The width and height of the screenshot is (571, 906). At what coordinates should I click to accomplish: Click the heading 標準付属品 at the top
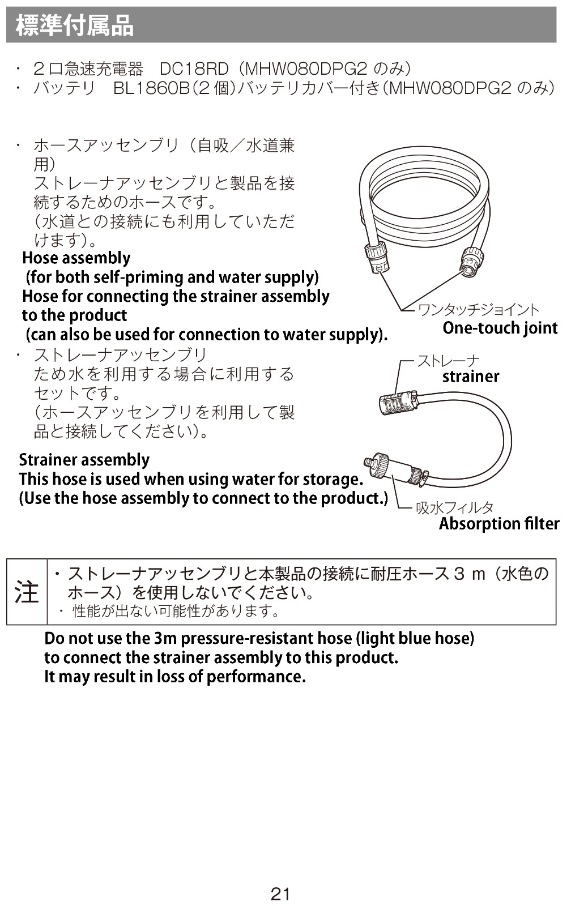[75, 25]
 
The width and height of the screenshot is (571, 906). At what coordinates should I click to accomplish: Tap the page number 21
[280, 894]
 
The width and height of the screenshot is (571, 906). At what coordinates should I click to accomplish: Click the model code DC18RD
[194, 69]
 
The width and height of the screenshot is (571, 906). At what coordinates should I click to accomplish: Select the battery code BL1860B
[151, 88]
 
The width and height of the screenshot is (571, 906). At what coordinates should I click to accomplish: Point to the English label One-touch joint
[500, 328]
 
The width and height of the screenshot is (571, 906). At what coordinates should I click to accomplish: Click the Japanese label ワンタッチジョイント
[479, 310]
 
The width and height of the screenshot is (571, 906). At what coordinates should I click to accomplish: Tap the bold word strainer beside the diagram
[471, 377]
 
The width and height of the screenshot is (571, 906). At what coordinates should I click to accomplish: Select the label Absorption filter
[499, 524]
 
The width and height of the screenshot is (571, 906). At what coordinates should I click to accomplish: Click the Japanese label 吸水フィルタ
[455, 507]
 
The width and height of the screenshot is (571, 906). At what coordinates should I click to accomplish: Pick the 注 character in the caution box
[27, 592]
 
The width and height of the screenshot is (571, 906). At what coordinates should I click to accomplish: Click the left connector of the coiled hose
[378, 257]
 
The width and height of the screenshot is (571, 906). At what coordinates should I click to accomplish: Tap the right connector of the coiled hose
[472, 263]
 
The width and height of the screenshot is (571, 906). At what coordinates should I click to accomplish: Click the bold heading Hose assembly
[76, 258]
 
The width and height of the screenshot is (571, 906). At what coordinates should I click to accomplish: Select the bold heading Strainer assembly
[84, 460]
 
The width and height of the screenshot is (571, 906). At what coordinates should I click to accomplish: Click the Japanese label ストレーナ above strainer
[449, 361]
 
